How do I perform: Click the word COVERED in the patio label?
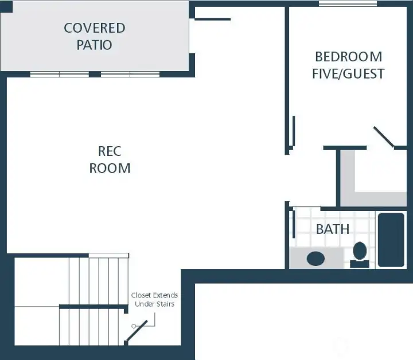coord(94,28)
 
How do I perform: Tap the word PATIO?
coord(94,45)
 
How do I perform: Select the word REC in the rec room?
coord(110,151)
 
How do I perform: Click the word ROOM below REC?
coord(110,168)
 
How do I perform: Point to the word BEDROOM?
coord(348,57)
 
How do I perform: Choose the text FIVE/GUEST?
coord(348,74)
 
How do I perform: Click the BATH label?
coord(333,229)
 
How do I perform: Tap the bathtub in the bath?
coord(391,240)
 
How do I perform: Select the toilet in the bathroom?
coord(360,253)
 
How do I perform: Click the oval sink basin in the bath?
coord(315,258)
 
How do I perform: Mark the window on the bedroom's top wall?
coord(348,4)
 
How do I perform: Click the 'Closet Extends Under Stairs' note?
coord(154,299)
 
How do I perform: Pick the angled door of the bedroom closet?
coord(383,138)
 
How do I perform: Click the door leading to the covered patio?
coord(212,19)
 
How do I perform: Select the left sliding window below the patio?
coord(59,74)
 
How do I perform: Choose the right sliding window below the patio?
coord(130,74)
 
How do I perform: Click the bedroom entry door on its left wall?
coord(293,131)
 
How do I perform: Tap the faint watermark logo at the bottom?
coord(342,346)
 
